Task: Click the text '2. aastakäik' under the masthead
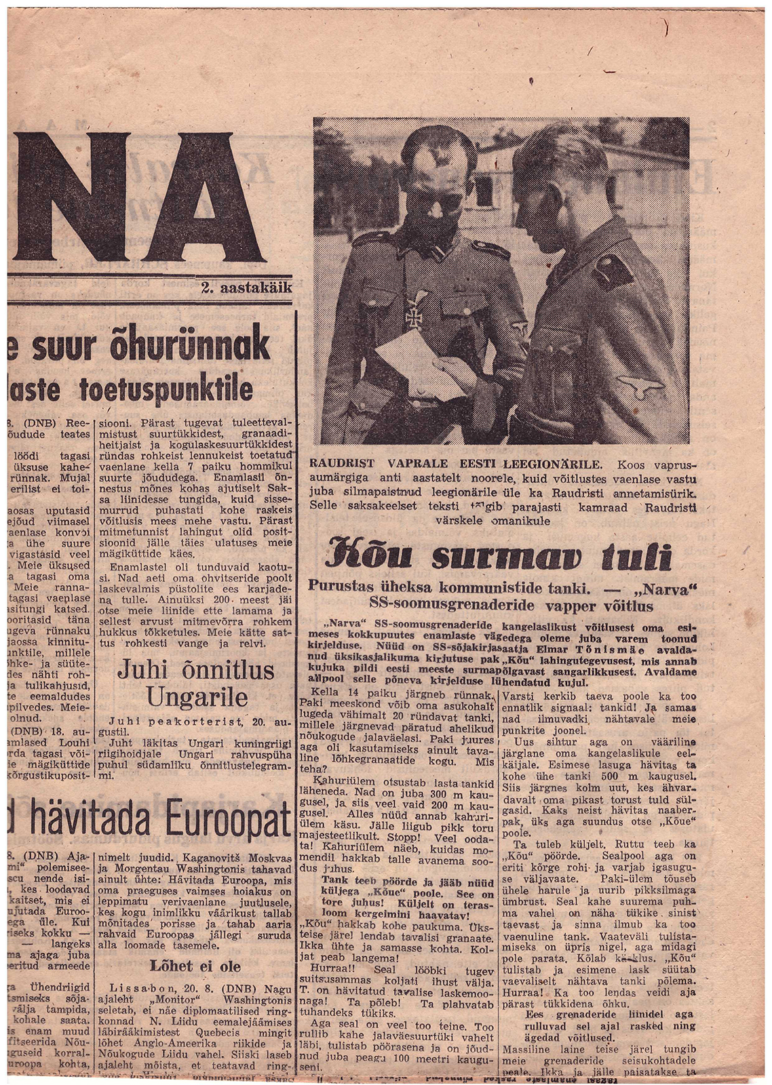(x=246, y=288)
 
